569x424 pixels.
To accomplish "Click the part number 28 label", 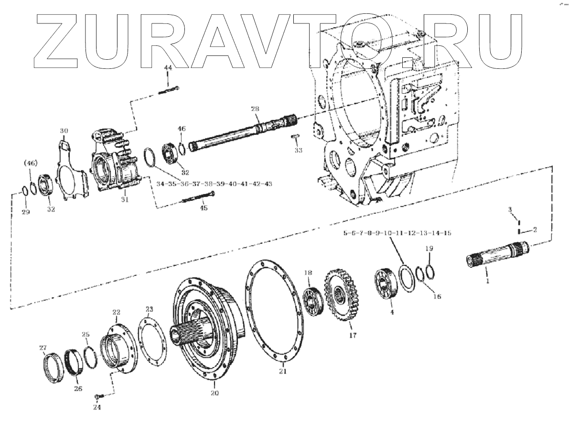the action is coord(255,109).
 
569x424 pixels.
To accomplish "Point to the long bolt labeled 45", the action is coord(196,198).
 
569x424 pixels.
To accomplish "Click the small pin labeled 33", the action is coord(296,137).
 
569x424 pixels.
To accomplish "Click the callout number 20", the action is coord(215,393).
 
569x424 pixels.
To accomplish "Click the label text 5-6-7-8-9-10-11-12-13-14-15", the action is coord(396,233).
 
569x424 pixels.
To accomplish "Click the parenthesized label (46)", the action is coord(30,163).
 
